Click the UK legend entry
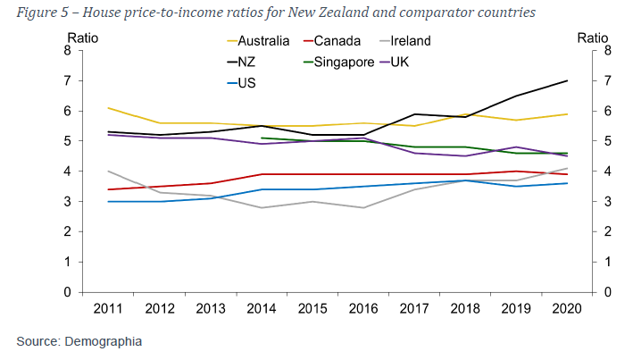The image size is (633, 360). coord(424,63)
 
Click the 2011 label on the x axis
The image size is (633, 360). coord(107,309)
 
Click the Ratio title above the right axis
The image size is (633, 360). coord(593,38)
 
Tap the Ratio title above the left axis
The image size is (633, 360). coord(82,38)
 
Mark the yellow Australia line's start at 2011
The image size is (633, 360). coord(107,108)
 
